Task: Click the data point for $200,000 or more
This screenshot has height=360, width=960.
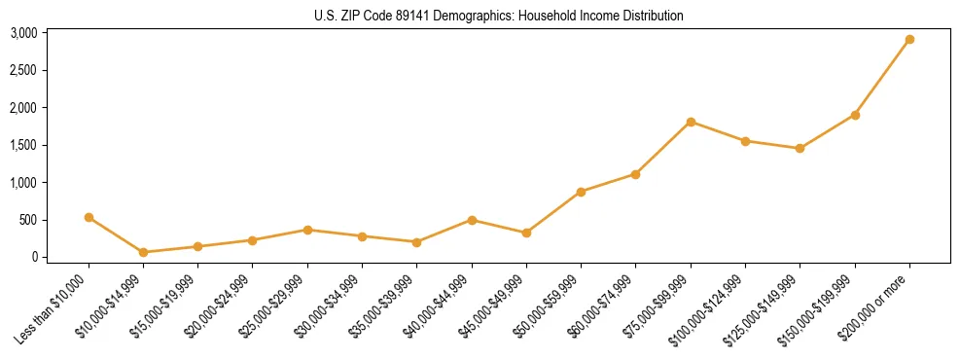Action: [x=909, y=40]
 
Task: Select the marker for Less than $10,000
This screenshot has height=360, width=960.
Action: [x=89, y=217]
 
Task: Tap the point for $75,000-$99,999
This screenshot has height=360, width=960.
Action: [x=691, y=122]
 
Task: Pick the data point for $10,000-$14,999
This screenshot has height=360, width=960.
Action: [x=143, y=252]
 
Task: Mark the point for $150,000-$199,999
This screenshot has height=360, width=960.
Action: [x=855, y=115]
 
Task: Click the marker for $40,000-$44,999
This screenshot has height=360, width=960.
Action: [x=472, y=220]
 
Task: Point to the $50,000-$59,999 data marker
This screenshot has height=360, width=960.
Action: [x=581, y=192]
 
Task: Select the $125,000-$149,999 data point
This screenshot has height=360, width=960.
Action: [x=800, y=149]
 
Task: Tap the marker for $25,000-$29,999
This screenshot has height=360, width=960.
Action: [x=307, y=230]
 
